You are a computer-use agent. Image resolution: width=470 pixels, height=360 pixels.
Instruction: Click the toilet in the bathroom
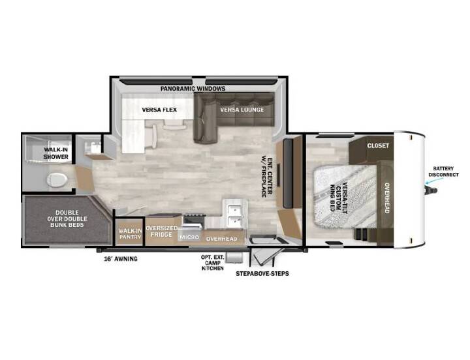[57, 180]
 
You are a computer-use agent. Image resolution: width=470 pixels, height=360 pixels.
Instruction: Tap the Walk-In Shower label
[56, 153]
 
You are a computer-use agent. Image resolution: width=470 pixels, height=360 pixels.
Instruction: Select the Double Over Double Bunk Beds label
[67, 218]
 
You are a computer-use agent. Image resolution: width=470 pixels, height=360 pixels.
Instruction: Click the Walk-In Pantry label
[130, 233]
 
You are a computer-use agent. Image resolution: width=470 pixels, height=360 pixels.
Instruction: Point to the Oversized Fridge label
[162, 232]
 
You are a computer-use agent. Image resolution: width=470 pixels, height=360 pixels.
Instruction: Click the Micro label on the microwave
[189, 237]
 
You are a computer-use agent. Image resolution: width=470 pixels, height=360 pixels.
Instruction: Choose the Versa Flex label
[159, 110]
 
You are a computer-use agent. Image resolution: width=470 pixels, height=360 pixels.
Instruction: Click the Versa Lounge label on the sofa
[242, 110]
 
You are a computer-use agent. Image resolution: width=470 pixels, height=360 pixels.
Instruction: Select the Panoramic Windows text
[193, 89]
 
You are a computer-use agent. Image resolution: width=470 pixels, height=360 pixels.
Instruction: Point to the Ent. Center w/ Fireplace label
[267, 177]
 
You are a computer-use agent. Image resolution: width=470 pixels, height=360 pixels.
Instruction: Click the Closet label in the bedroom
[378, 145]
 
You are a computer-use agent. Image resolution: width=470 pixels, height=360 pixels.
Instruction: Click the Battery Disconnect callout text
[443, 172]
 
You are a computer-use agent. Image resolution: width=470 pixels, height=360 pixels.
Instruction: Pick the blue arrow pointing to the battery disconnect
[434, 181]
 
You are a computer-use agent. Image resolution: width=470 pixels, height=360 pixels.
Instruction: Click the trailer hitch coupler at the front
[431, 190]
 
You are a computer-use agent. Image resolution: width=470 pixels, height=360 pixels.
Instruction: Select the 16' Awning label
[121, 259]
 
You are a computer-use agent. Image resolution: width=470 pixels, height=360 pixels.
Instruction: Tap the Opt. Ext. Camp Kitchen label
[213, 263]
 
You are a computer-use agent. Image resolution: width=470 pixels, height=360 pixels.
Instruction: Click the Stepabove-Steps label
[262, 273]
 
